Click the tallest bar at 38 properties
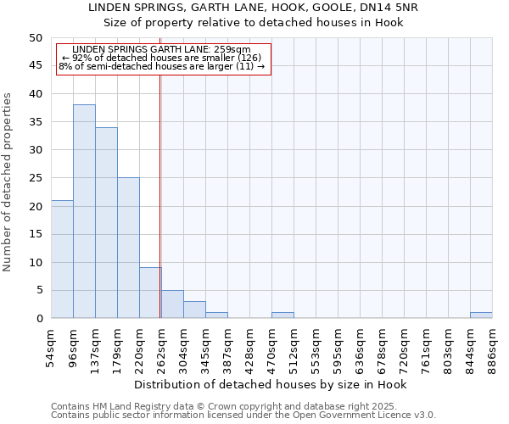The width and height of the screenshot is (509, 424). (x=84, y=211)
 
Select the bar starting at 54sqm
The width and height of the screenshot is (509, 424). (x=62, y=259)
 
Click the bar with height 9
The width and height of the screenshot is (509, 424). (x=150, y=293)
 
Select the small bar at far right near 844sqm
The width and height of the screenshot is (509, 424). (x=481, y=315)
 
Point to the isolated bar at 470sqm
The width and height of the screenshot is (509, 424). (x=282, y=315)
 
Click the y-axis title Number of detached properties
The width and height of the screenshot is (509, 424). (x=8, y=182)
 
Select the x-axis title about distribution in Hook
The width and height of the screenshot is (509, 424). (x=271, y=384)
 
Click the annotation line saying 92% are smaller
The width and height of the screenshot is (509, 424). (x=162, y=58)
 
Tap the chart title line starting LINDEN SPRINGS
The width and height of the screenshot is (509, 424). (x=254, y=7)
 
